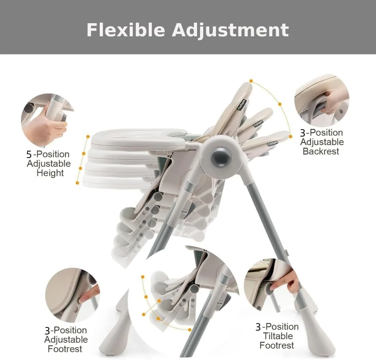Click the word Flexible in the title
click(126, 30)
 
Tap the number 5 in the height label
click(29, 154)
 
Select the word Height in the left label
click(50, 173)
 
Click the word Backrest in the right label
click(321, 151)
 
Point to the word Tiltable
click(278, 336)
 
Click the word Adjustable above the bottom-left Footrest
click(66, 339)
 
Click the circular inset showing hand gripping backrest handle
click(322, 100)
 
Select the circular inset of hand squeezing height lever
click(48, 120)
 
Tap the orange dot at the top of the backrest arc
click(251, 81)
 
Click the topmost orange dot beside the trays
click(88, 136)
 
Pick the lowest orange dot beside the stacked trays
click(77, 183)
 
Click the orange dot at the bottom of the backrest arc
click(291, 136)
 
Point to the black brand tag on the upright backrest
click(242, 104)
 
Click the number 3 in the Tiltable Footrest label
click(258, 327)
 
